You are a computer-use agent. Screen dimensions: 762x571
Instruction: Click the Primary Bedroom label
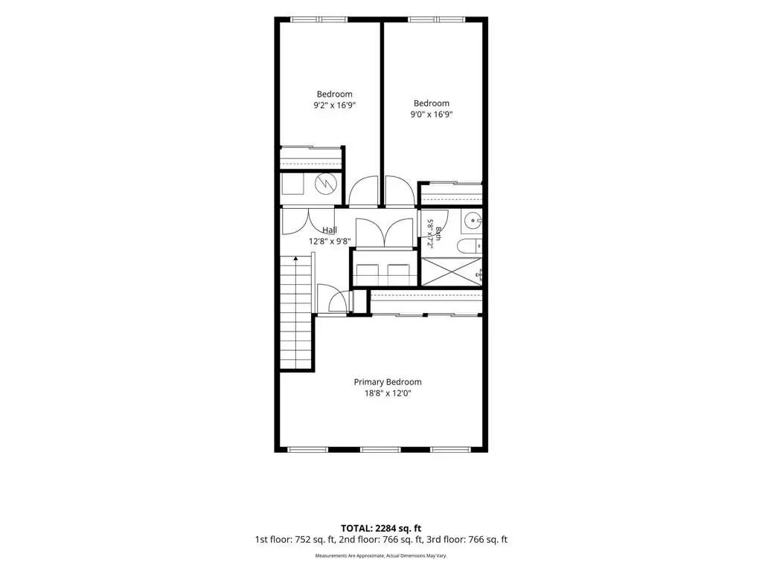(x=387, y=382)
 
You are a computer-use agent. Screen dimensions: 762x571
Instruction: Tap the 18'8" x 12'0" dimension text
(x=387, y=393)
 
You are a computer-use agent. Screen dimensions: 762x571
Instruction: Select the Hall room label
(x=330, y=230)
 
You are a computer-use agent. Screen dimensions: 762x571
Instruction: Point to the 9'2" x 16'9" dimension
(x=334, y=106)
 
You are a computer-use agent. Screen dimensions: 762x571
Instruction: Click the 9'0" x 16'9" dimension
(x=432, y=114)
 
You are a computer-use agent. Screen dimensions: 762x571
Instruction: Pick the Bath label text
(x=438, y=234)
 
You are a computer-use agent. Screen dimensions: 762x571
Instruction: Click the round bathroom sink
(x=471, y=221)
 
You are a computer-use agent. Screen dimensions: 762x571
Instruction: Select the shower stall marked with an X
(x=451, y=272)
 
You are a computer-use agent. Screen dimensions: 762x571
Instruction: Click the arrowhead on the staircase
(x=295, y=259)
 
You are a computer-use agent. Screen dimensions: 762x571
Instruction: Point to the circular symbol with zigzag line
(x=326, y=183)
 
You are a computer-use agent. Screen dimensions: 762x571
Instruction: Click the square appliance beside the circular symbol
(x=292, y=184)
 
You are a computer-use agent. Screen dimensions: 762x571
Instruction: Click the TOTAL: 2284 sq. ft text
(x=381, y=529)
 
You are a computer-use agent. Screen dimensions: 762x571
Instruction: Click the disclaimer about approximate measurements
(x=381, y=555)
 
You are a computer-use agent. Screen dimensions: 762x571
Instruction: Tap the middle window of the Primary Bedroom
(x=380, y=450)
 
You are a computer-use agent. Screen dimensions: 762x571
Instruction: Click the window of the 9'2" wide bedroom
(x=319, y=20)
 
